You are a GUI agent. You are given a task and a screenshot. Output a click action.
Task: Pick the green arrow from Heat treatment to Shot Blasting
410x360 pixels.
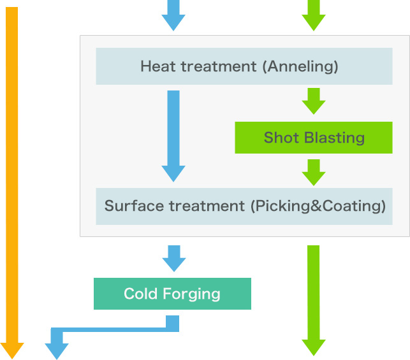point(313,101)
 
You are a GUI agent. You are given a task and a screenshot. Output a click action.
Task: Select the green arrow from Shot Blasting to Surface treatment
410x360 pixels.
point(313,171)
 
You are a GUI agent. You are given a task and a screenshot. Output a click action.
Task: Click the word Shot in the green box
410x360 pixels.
point(278,138)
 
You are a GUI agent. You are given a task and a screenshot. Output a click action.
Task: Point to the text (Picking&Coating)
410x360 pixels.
point(318,206)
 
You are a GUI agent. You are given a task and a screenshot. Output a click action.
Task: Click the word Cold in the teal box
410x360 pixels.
point(141,294)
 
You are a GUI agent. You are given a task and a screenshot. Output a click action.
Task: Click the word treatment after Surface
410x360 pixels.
point(203,206)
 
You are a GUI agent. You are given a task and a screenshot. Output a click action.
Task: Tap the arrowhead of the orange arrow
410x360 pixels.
point(12,350)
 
